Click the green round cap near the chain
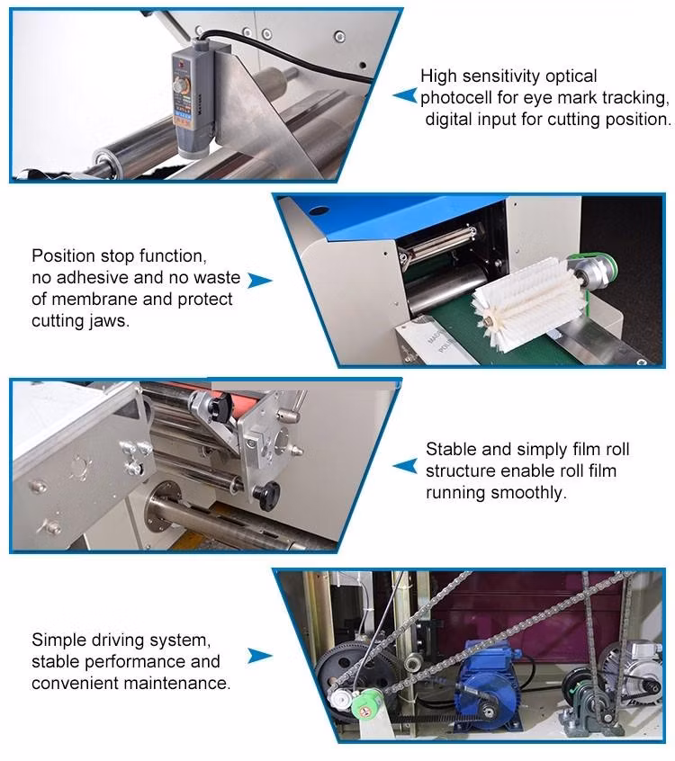(367, 704)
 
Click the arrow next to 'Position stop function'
(260, 280)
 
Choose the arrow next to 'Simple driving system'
(260, 656)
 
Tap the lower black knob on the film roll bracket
(267, 495)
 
